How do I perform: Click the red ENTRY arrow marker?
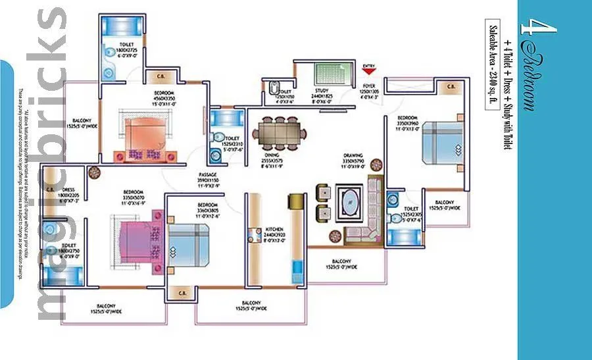tap(369, 70)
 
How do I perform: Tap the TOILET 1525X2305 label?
tap(414, 216)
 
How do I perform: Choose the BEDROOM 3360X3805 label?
tap(207, 208)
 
